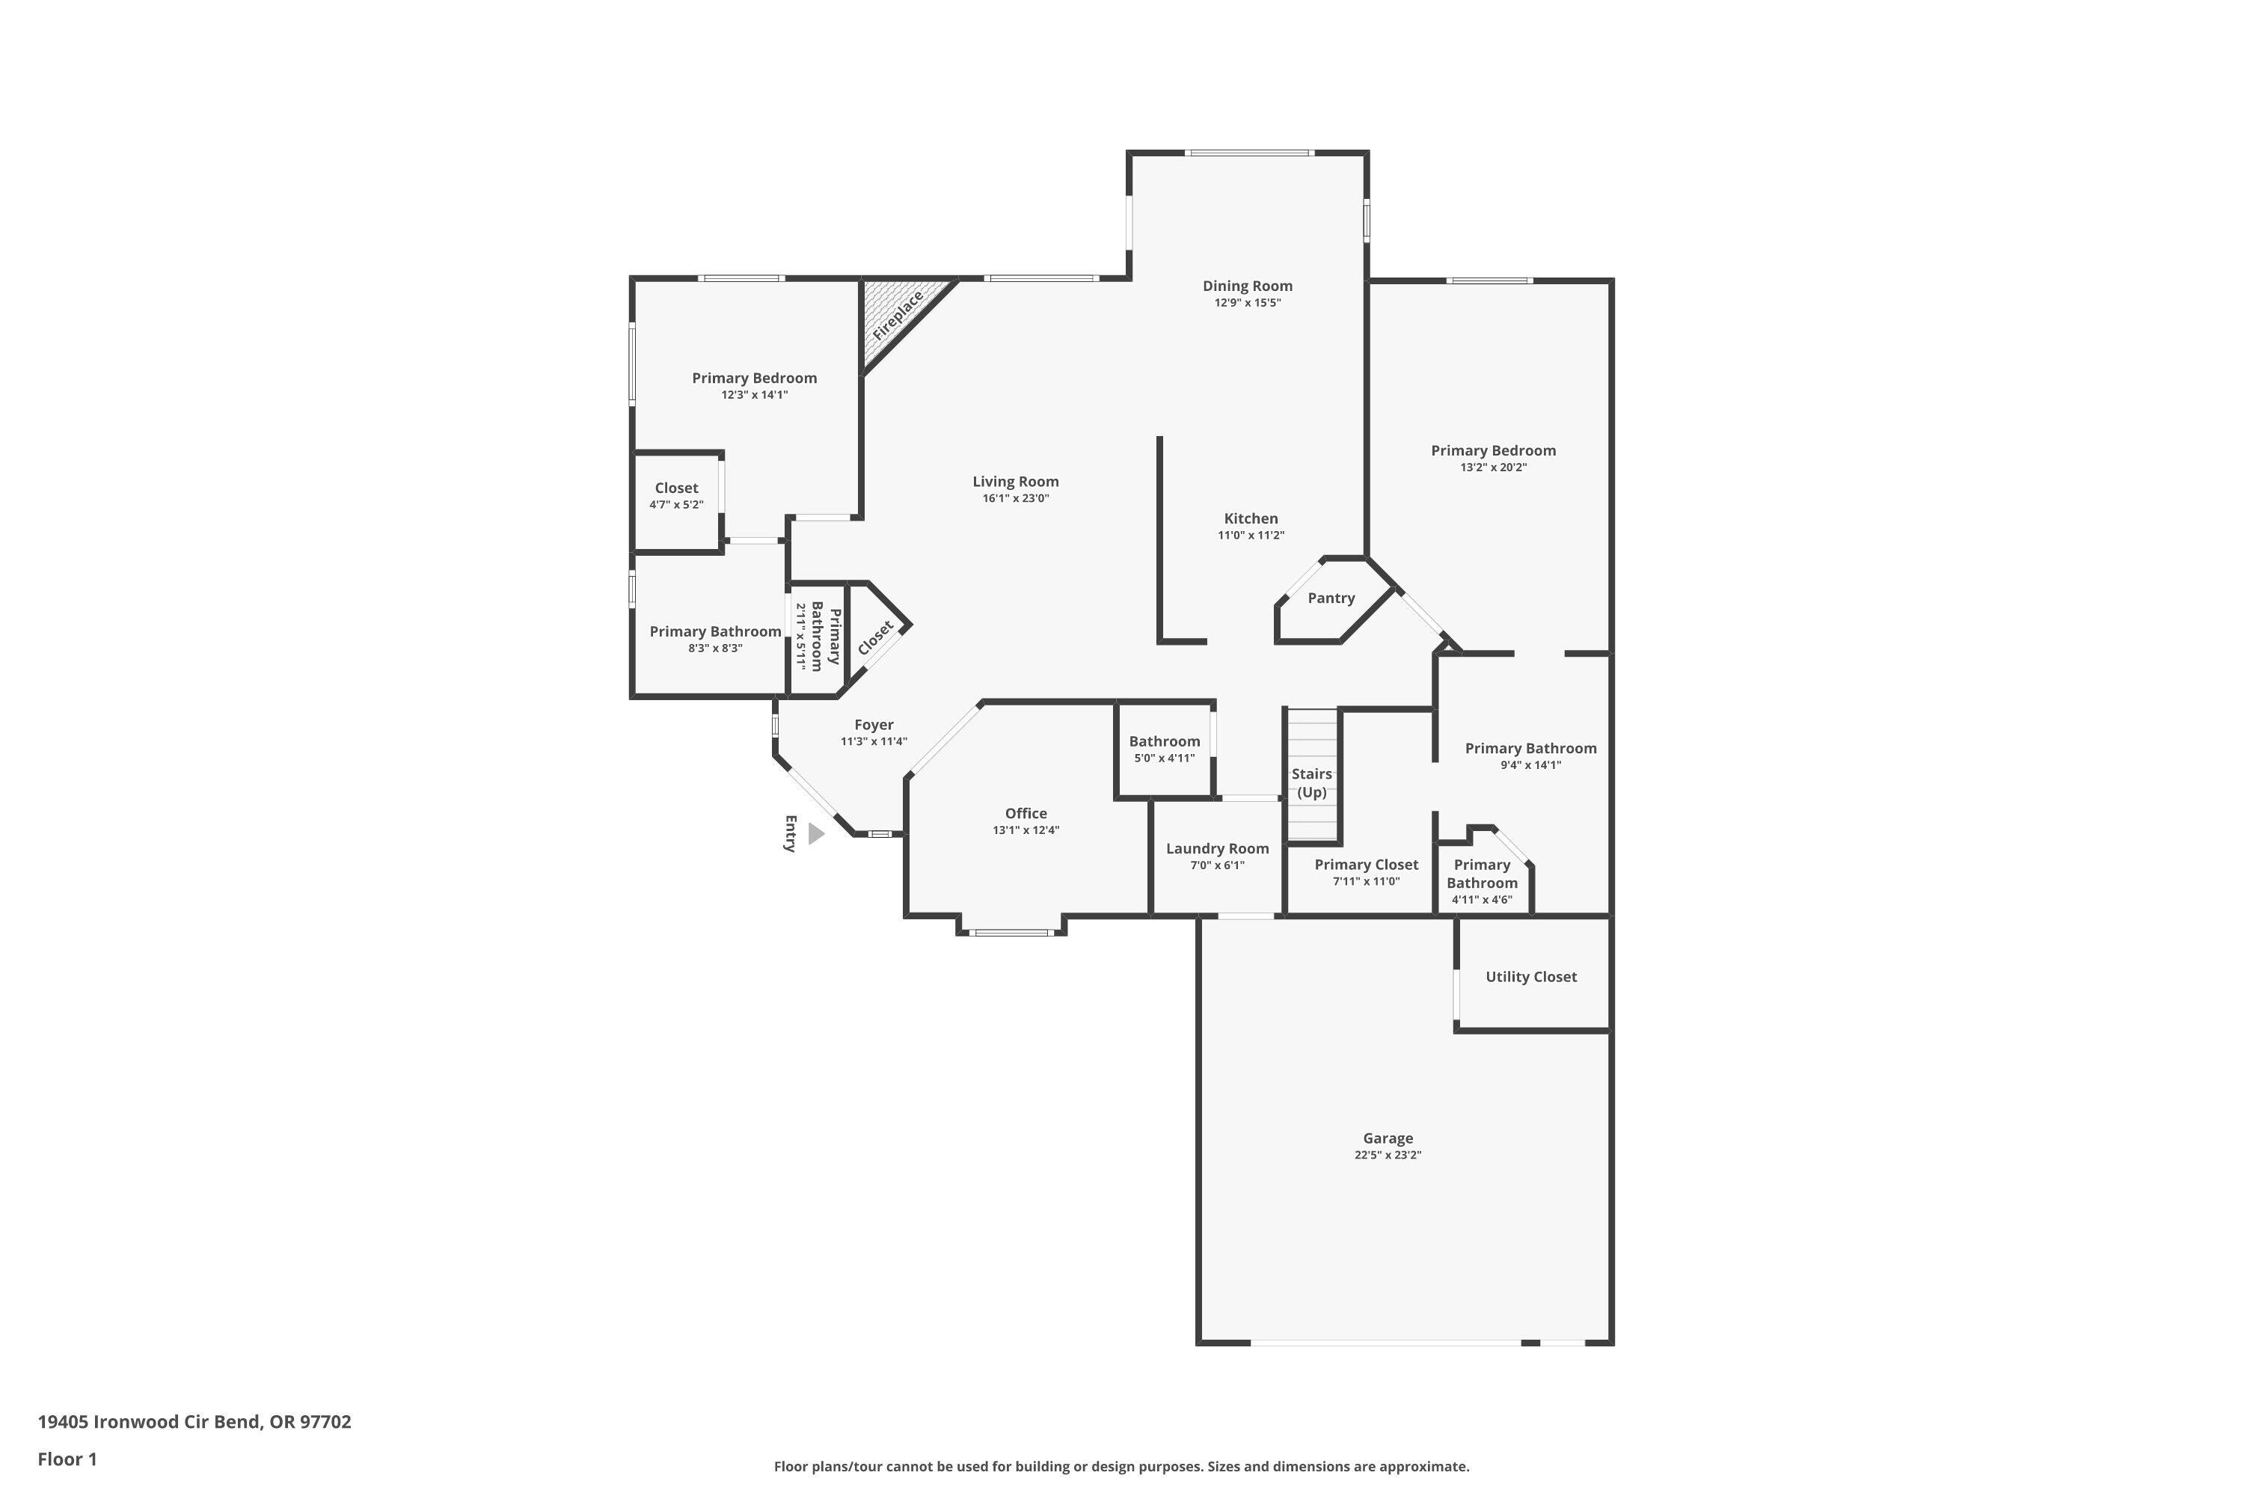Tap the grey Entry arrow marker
[x=816, y=834]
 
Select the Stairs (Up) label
[x=1312, y=783]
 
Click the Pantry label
[x=1331, y=598]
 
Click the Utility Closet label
[x=1530, y=977]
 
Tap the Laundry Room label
[x=1218, y=849]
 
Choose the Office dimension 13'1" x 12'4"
[x=1026, y=831]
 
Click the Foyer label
[x=874, y=725]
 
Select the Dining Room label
[x=1247, y=286]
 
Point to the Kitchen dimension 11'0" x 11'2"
[x=1251, y=536]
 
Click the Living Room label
[x=1015, y=482]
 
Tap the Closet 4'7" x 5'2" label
[x=676, y=488]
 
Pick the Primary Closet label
[x=1367, y=865]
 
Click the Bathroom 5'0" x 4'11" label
[x=1164, y=742]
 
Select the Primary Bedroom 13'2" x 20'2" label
[x=1493, y=451]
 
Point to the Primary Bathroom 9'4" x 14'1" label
[x=1530, y=749]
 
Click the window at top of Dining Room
[x=1249, y=153]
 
